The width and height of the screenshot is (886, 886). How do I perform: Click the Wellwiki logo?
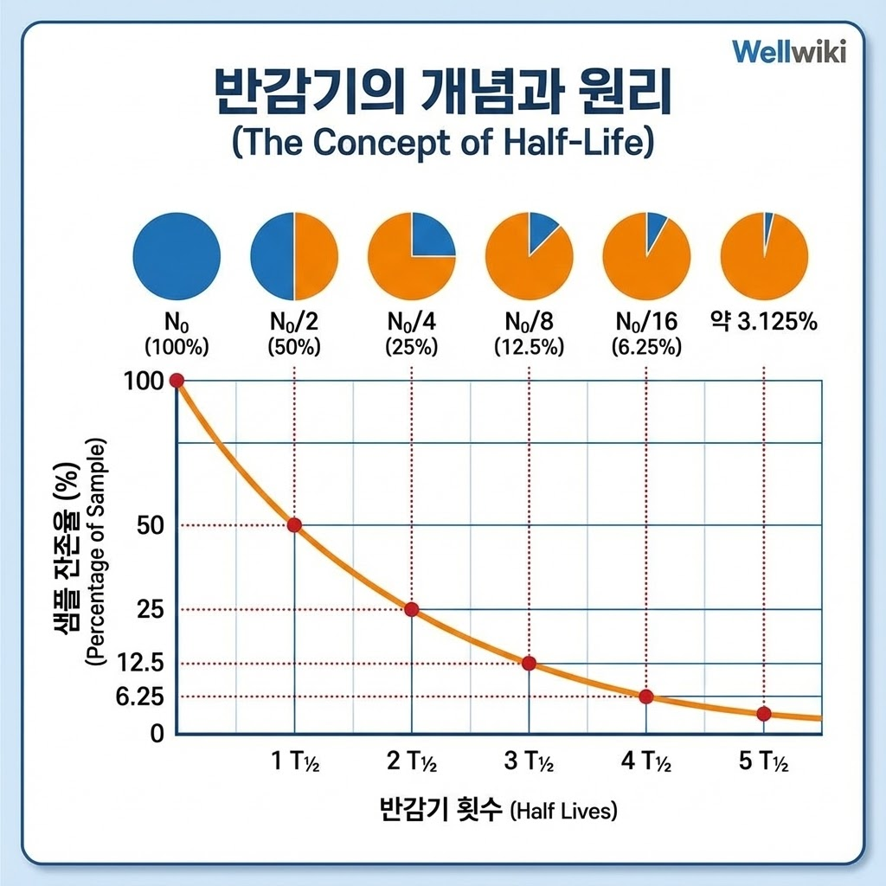tap(789, 49)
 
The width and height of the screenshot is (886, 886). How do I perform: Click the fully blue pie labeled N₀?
tap(176, 257)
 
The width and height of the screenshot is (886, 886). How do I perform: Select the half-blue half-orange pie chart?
tap(294, 257)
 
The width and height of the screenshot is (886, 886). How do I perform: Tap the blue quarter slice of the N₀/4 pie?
tap(432, 235)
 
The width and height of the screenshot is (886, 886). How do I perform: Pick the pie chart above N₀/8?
tap(530, 257)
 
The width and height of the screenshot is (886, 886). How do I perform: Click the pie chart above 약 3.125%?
tap(764, 257)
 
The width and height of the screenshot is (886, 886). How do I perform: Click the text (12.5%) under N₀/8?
tap(530, 348)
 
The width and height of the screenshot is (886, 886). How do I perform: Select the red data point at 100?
tap(177, 381)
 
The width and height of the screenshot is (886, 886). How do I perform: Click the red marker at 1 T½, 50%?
tap(294, 525)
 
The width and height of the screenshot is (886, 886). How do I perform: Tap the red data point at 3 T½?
tap(530, 664)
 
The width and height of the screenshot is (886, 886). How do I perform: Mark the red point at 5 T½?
tap(763, 713)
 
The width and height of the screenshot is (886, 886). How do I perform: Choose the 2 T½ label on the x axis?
tap(411, 762)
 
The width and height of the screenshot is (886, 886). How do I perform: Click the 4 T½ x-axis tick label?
tap(646, 762)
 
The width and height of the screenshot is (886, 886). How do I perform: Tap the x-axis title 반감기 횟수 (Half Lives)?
tap(498, 811)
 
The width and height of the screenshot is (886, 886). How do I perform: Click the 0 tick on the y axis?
tap(157, 734)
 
